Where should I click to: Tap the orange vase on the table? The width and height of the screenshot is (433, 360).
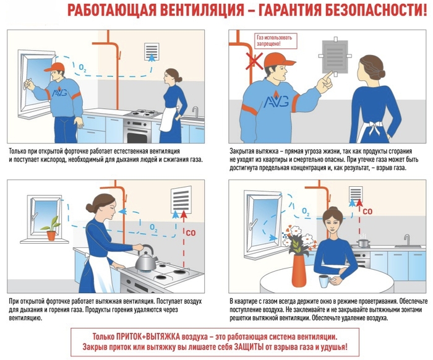299,273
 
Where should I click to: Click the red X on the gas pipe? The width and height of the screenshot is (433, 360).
254,61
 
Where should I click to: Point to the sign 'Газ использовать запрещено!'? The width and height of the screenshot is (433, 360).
275,41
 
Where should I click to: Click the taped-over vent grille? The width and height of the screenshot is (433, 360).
335,56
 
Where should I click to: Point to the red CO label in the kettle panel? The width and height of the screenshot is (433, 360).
191,233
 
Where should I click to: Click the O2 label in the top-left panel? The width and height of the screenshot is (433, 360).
82,67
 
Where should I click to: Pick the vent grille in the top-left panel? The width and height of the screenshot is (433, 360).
152,51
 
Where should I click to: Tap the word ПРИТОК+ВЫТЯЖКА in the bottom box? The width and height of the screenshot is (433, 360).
148,337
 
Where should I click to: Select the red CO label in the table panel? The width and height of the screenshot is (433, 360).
367,212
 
